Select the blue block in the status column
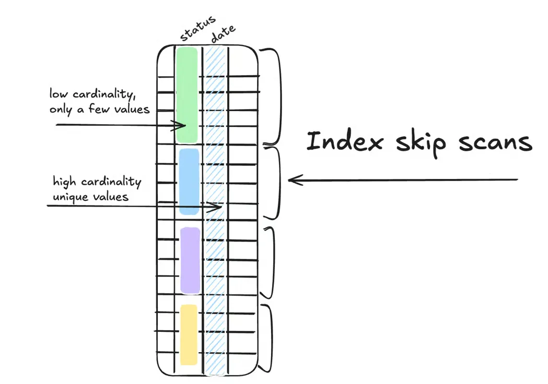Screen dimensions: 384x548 pos(189,181)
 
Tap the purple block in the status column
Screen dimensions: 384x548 pos(190,260)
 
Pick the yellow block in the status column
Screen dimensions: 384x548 pos(189,334)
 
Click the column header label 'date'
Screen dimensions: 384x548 pos(223,32)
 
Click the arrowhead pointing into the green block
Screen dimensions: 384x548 pos(183,126)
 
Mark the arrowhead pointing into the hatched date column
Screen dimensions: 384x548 pos(219,207)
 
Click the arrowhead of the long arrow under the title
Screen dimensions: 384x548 pos(292,180)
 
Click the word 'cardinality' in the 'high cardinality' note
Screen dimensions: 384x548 pos(114,182)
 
